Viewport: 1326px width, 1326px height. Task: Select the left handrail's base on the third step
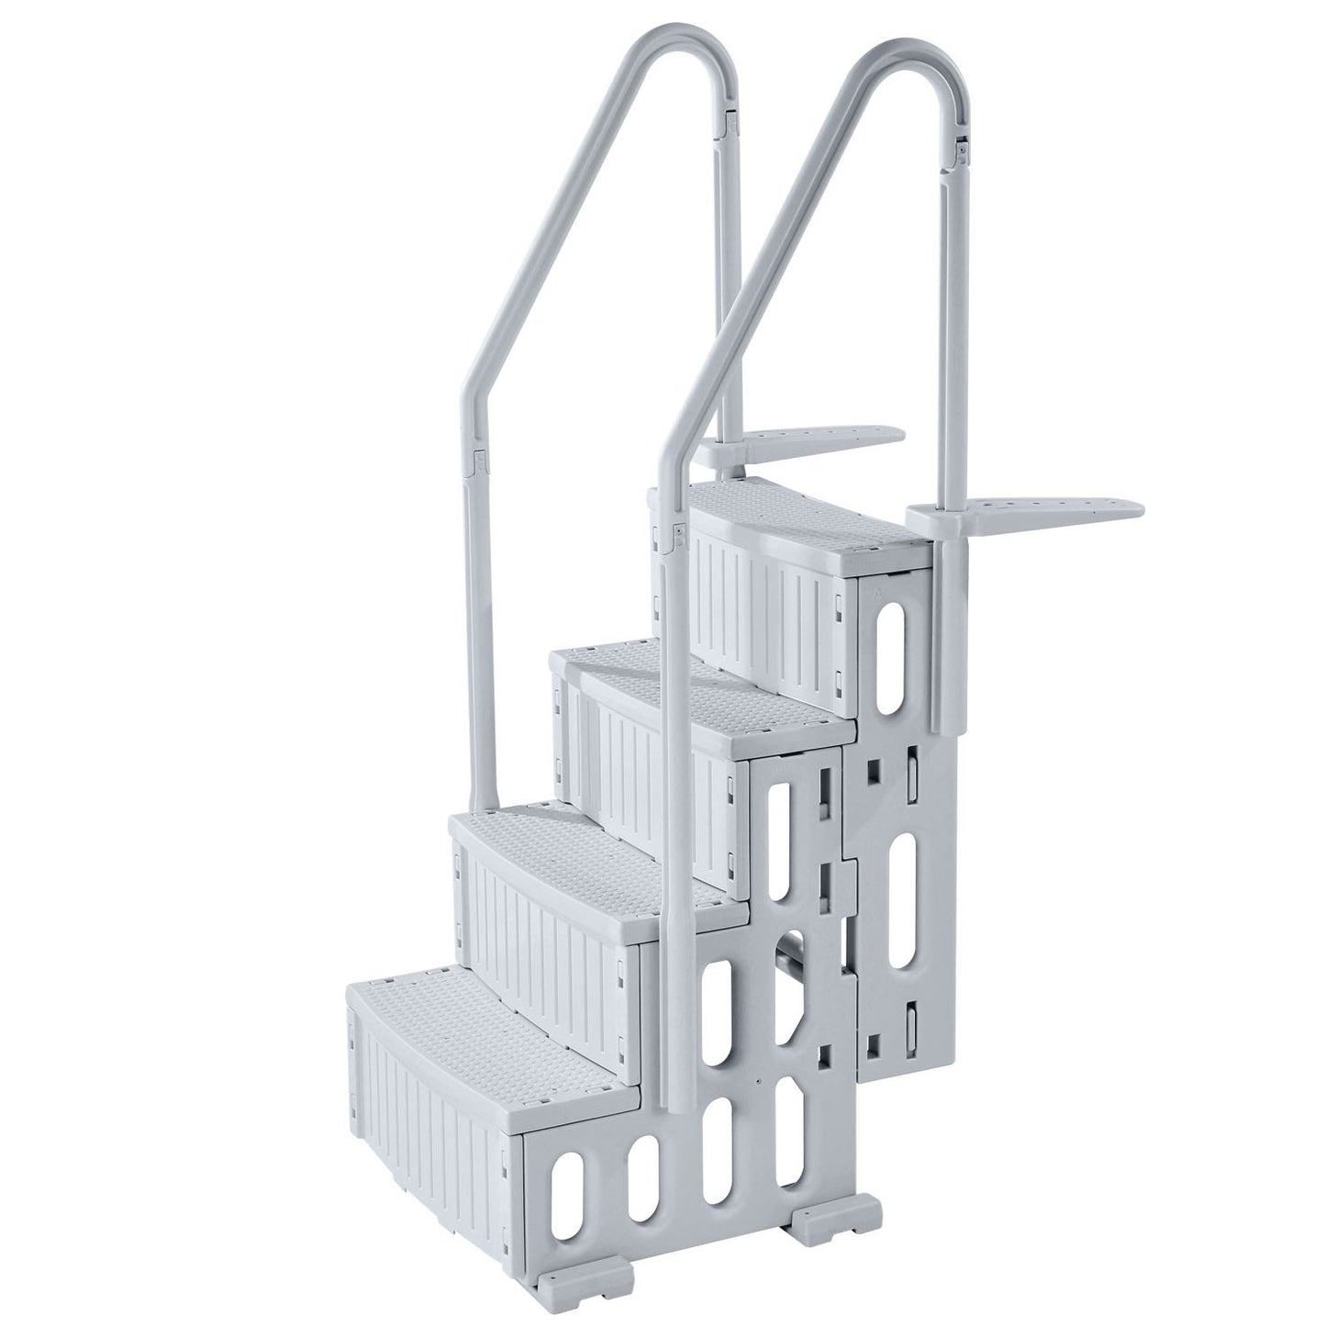click(477, 789)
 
